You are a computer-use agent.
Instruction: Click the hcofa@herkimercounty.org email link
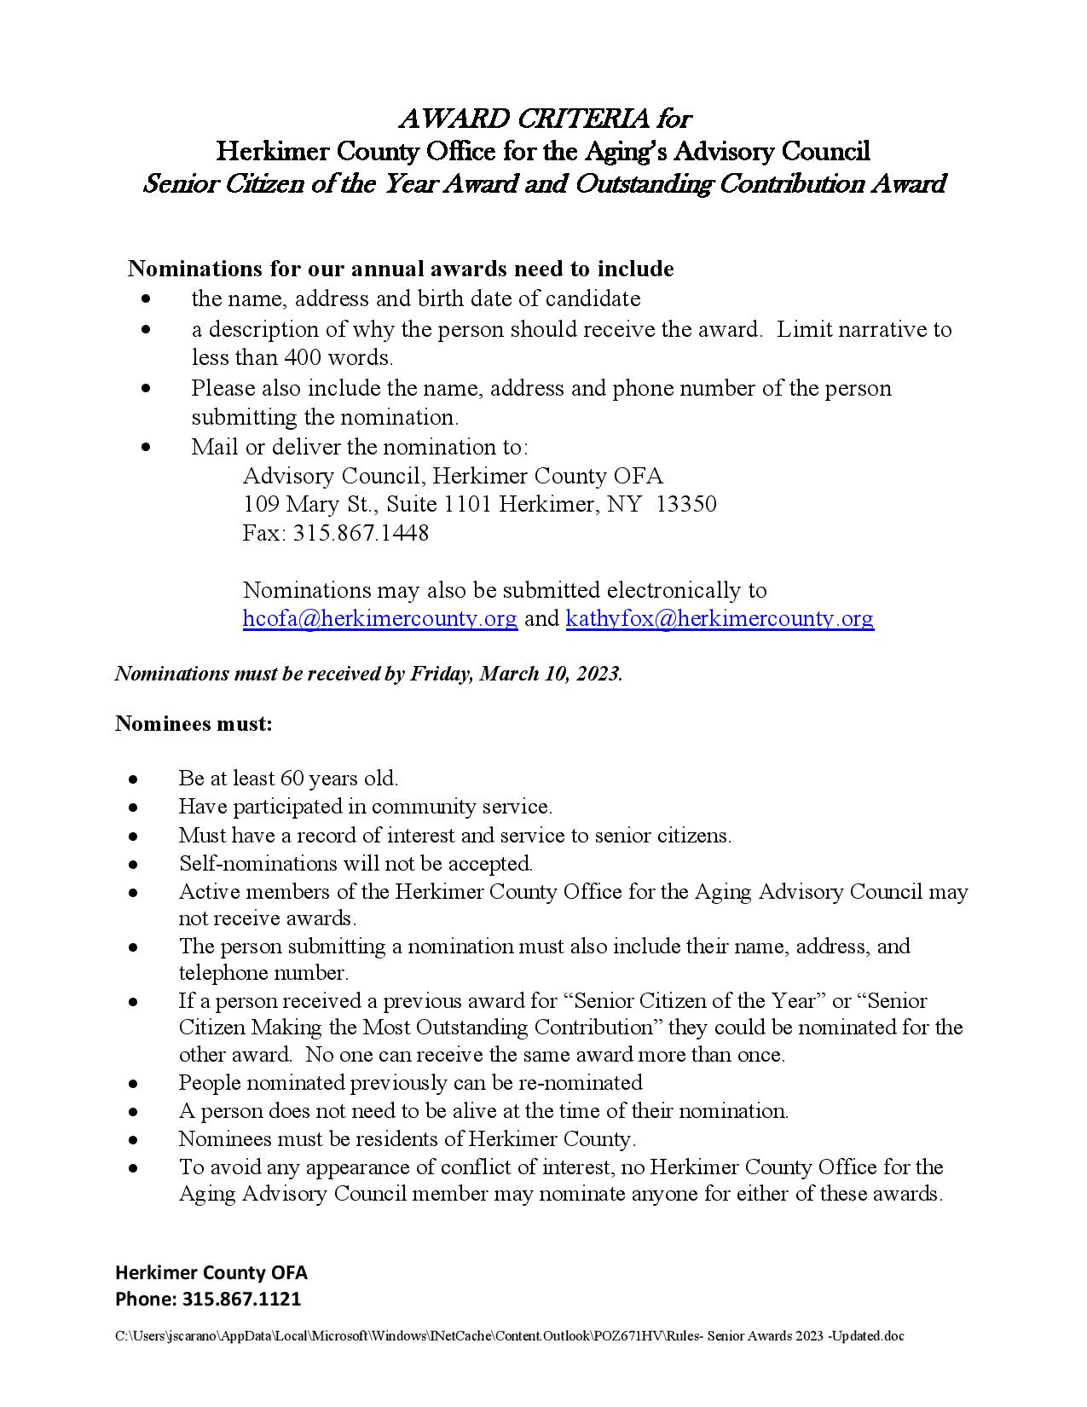(379, 618)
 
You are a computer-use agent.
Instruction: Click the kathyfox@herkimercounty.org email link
(719, 618)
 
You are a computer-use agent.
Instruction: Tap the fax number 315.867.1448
(361, 533)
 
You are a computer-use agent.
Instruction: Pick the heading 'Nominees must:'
(194, 724)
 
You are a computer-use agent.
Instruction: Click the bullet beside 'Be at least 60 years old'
(133, 779)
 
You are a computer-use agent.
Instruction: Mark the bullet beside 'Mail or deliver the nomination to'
(147, 446)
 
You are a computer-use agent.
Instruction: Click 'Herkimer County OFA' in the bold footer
(211, 1272)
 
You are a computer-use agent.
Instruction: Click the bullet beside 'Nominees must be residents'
(133, 1139)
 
